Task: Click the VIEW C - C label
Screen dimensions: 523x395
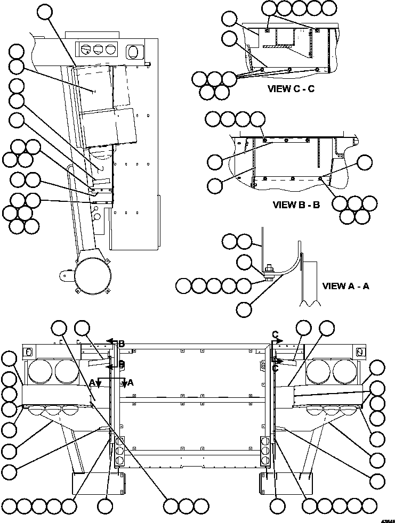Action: coord(291,89)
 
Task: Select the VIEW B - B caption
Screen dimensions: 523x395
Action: coord(296,205)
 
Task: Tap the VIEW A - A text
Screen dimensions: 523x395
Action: coord(345,286)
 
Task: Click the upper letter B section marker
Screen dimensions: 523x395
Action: coord(121,344)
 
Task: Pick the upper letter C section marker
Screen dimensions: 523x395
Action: coord(275,334)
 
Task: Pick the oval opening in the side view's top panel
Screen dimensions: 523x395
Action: coord(132,51)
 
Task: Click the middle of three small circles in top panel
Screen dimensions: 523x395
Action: coord(98,50)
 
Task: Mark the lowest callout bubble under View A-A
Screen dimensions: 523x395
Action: coord(244,309)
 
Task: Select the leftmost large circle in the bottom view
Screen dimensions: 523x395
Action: coord(41,371)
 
